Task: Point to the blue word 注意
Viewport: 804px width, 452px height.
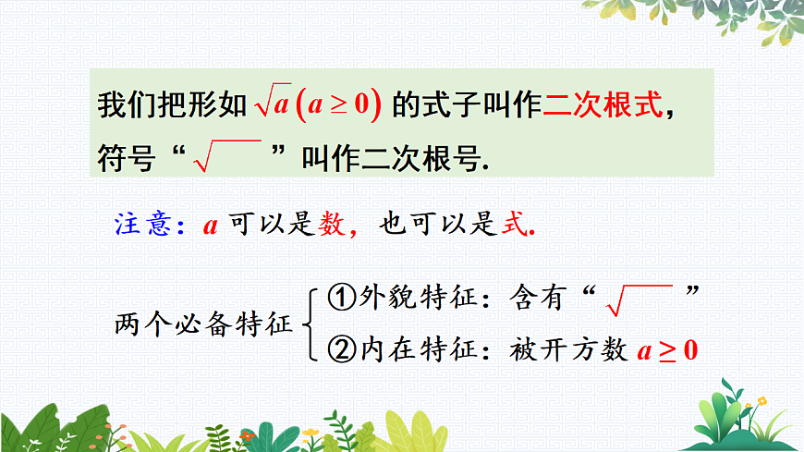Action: (141, 225)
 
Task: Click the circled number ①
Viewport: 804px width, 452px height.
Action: (342, 297)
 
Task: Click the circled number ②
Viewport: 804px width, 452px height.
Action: (342, 349)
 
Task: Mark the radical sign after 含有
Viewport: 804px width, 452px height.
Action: (637, 297)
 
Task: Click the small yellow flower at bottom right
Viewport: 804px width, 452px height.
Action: (761, 401)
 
